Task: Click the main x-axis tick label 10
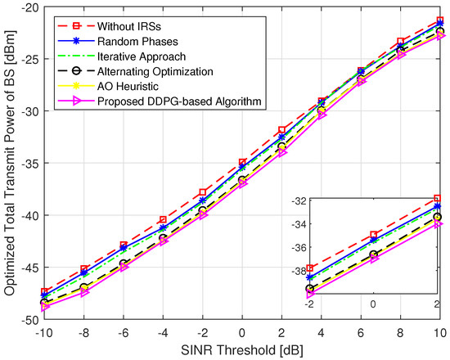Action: (439, 332)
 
